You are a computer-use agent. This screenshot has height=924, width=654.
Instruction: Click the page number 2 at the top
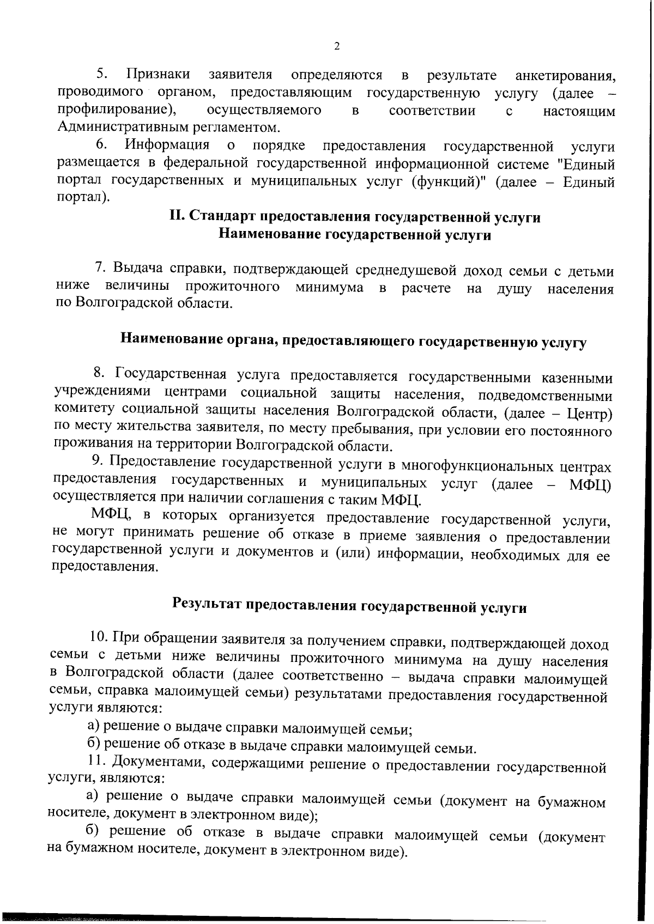point(336,46)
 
